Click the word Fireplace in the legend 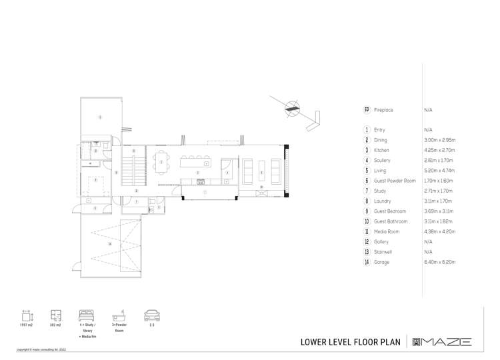click(384, 109)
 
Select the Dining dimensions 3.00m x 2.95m click(439, 140)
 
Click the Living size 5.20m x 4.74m click(439, 171)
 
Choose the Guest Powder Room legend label click(395, 181)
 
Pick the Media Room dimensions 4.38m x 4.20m click(439, 231)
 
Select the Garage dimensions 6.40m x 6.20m click(439, 262)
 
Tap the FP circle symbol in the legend click(367, 109)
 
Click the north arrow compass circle click(292, 109)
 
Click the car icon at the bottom click(151, 315)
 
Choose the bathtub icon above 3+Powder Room click(120, 315)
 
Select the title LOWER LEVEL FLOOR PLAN click(351, 342)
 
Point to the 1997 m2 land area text click(26, 325)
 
